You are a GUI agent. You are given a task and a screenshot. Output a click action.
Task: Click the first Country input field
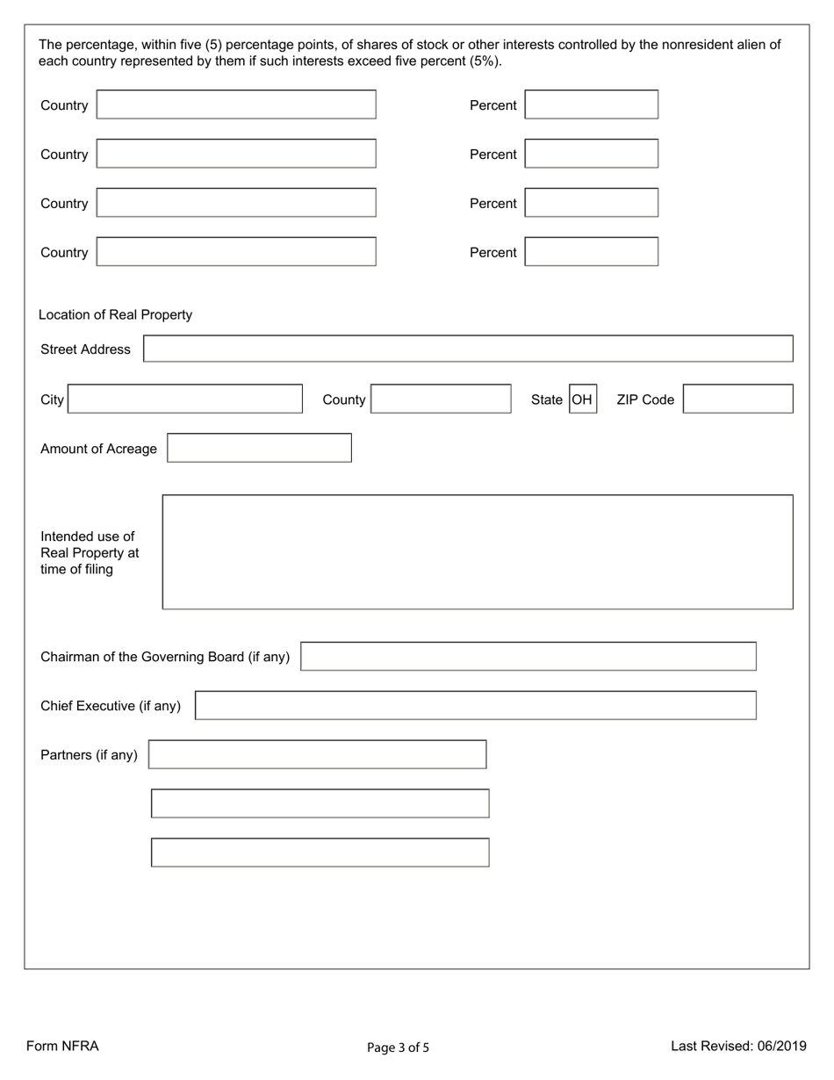click(x=236, y=104)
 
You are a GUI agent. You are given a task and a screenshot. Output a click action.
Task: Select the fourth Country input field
click(x=236, y=252)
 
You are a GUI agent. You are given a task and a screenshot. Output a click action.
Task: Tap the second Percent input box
click(x=591, y=154)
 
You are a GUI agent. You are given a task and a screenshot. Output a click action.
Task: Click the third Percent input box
click(x=591, y=203)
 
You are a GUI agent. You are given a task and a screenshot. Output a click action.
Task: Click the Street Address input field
click(x=468, y=349)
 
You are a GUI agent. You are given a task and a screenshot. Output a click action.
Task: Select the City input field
click(x=185, y=399)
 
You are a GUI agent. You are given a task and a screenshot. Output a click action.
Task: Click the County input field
click(x=441, y=399)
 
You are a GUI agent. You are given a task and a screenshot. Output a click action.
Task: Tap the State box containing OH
click(x=583, y=400)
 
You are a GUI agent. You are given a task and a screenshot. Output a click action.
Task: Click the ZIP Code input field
click(x=737, y=399)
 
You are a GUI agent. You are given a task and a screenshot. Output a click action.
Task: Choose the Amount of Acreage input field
click(x=259, y=448)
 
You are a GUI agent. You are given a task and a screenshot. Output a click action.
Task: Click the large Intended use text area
click(x=478, y=551)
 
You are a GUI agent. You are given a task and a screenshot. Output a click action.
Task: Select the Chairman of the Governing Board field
click(x=528, y=656)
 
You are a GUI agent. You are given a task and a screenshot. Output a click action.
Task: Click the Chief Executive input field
click(x=475, y=705)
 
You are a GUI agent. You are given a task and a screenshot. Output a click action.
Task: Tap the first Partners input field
click(x=317, y=754)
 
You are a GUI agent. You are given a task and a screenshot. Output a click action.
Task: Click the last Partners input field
click(x=320, y=853)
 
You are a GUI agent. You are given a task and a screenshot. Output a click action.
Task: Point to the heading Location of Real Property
click(x=115, y=314)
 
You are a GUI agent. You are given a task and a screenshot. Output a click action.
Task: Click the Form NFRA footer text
click(x=62, y=1046)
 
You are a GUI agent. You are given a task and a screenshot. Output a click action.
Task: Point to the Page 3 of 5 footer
click(x=398, y=1047)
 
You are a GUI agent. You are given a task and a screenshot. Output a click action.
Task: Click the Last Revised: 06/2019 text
click(x=738, y=1046)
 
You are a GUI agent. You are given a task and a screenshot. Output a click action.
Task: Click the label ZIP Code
click(x=645, y=400)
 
